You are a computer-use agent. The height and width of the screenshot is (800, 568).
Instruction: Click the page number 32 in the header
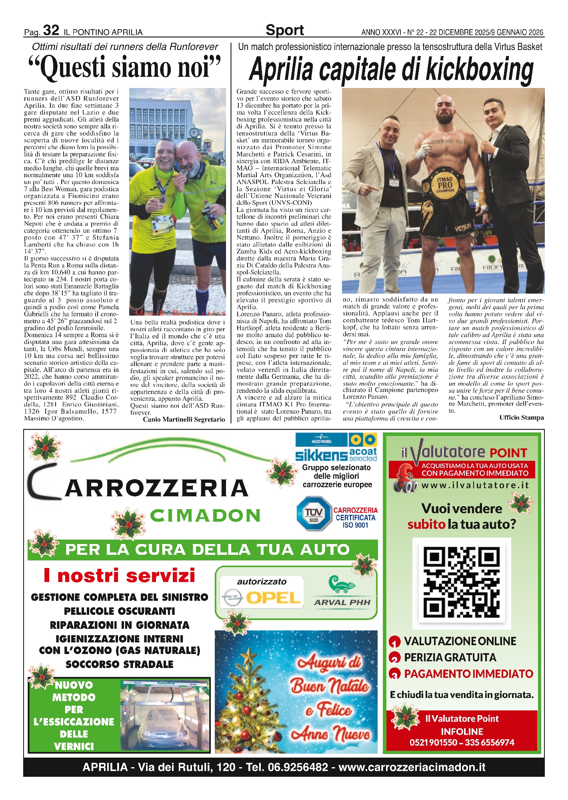(x=51, y=30)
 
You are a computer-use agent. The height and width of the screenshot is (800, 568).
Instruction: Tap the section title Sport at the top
(x=284, y=30)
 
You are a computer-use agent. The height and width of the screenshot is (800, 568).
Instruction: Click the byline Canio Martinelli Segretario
(x=184, y=419)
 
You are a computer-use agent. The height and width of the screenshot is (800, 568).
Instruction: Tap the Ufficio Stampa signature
(x=521, y=417)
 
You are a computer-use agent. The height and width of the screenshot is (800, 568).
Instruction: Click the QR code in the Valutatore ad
(x=462, y=583)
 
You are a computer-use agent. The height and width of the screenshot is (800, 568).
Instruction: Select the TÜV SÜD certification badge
(x=314, y=514)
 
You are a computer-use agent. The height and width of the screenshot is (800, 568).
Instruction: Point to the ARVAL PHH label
(x=342, y=602)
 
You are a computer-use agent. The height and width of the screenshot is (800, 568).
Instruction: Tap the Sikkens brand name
(x=321, y=455)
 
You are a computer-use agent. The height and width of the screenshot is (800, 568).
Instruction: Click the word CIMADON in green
(x=205, y=516)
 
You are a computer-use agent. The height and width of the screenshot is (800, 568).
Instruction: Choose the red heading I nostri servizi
(x=119, y=576)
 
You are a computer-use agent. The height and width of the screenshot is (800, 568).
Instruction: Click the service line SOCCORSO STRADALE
(x=119, y=664)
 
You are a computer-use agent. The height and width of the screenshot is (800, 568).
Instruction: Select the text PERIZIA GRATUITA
(x=450, y=657)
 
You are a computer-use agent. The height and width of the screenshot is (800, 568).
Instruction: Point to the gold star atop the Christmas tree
(x=249, y=655)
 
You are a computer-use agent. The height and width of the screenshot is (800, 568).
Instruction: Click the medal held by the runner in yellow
(x=162, y=198)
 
